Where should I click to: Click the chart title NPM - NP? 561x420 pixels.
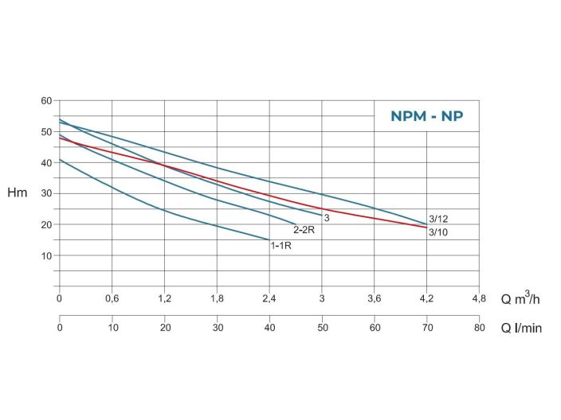coord(426,116)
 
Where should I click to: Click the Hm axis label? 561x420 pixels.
coord(17,193)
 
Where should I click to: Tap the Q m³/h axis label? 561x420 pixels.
coord(521,300)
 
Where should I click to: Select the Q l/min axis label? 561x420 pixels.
coord(520,329)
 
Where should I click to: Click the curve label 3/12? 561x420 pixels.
coord(438,219)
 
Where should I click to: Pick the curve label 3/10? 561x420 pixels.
coord(438,232)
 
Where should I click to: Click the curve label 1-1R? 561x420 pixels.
coord(281,246)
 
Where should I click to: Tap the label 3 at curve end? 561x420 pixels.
coord(327,217)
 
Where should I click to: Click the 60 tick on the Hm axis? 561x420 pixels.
coord(45,100)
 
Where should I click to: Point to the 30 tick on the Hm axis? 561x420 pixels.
coord(45,193)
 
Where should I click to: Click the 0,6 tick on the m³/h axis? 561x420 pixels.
coord(112,299)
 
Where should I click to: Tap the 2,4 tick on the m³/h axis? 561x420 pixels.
coord(269,299)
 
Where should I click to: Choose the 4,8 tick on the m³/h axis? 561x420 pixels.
coord(479,299)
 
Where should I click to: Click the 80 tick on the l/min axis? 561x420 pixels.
coord(479,328)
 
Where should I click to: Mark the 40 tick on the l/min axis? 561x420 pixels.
coord(269,328)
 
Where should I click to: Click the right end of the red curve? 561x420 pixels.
coord(426,227)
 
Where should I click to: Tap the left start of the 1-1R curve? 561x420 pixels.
coord(60,160)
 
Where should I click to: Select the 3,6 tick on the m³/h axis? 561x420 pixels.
coord(374,299)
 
